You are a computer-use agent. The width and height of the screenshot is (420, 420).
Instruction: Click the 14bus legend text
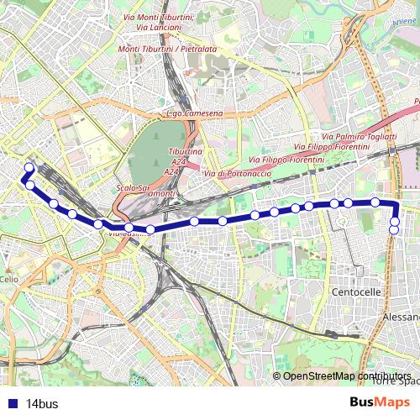click(x=42, y=404)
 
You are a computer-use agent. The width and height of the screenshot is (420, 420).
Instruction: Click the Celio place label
click(x=8, y=279)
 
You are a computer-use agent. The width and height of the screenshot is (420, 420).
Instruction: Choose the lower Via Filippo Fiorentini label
click(x=286, y=159)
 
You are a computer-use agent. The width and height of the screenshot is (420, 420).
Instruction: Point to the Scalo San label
click(x=134, y=186)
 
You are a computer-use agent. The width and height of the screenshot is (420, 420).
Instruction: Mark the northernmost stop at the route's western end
click(x=29, y=168)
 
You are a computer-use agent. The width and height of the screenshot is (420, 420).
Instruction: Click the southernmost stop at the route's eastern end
click(x=394, y=230)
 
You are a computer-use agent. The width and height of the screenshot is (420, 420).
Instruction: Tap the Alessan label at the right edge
click(x=400, y=318)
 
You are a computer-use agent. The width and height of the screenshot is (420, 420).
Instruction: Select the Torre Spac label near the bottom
click(x=398, y=381)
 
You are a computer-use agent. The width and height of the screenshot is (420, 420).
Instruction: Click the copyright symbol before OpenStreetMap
click(x=277, y=375)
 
